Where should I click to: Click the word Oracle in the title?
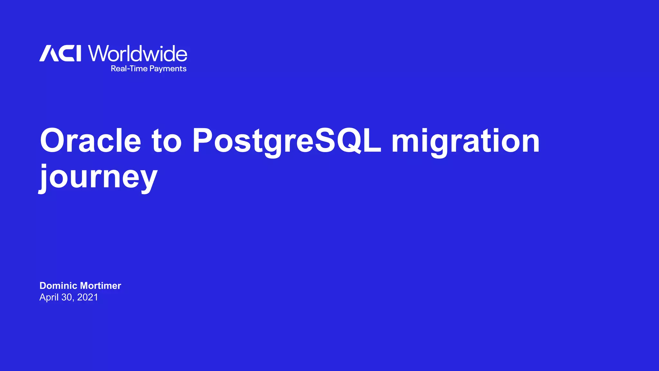pyautogui.click(x=90, y=140)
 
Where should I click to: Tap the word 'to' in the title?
pyautogui.click(x=167, y=140)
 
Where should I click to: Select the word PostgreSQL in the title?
pyautogui.click(x=287, y=141)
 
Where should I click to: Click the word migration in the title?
pyautogui.click(x=465, y=141)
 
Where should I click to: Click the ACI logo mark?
pyautogui.click(x=60, y=53)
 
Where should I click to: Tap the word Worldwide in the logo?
pyautogui.click(x=138, y=53)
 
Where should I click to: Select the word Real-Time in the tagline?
pyautogui.click(x=129, y=69)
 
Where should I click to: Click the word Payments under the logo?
pyautogui.click(x=168, y=69)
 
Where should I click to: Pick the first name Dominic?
pyautogui.click(x=58, y=286)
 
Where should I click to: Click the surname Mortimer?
pyautogui.click(x=100, y=286)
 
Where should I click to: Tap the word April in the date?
pyautogui.click(x=49, y=297)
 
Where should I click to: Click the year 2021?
pyautogui.click(x=88, y=297)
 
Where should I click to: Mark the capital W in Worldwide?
pyautogui.click(x=98, y=53)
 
